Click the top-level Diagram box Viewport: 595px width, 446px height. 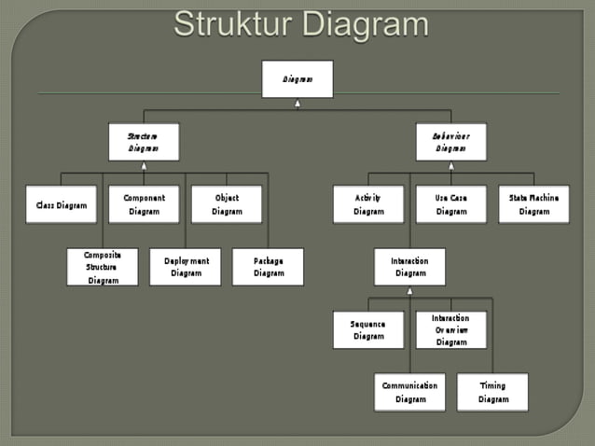point(297,79)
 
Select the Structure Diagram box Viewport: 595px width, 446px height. point(144,142)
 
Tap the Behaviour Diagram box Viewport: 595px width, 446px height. point(451,142)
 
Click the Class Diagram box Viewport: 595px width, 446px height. point(62,204)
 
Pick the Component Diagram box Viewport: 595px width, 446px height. point(144,204)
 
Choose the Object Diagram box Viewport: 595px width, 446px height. point(227,204)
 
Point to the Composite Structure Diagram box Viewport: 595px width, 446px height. point(103,267)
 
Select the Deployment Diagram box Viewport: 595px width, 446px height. point(186,267)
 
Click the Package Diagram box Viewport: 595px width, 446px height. point(268,267)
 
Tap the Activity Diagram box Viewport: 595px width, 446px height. point(368,204)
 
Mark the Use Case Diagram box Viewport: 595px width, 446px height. point(451,204)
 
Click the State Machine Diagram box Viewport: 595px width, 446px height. point(533,204)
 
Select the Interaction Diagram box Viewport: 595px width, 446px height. point(410,267)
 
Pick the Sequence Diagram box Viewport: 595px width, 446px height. point(368,329)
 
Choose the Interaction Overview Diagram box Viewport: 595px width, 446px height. point(451,329)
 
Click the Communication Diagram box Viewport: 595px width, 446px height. point(410,392)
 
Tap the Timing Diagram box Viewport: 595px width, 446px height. point(492,392)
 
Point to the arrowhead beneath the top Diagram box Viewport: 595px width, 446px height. point(297,103)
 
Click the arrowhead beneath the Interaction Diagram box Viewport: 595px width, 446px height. point(410,290)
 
